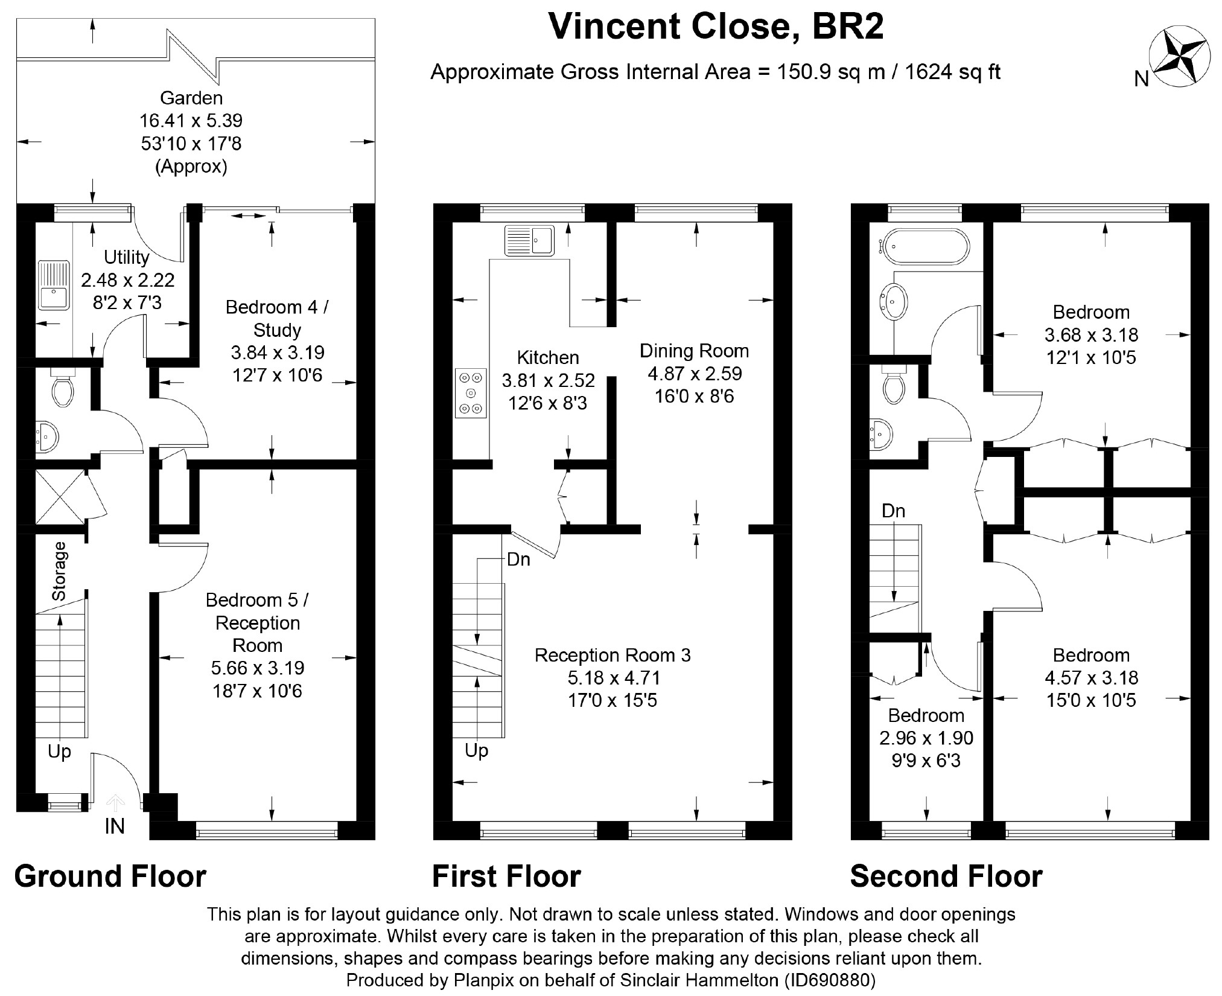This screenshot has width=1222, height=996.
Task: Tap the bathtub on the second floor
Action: coord(924,246)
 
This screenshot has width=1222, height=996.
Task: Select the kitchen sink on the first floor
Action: coord(529,240)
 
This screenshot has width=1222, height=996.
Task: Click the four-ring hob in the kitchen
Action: coord(471,393)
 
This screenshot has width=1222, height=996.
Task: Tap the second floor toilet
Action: coord(894,385)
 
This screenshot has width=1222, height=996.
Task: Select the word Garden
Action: coord(191,97)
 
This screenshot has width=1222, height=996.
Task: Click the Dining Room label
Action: coord(695,351)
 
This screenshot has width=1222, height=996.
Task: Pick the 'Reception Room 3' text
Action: coord(613,655)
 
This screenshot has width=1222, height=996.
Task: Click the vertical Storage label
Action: coord(59,571)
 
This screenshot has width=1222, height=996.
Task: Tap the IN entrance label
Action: coord(115,826)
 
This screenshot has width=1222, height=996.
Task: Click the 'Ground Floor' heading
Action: coord(110,876)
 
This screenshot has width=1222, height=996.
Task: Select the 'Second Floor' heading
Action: coord(946,876)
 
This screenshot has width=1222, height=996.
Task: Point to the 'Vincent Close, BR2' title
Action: coord(716,27)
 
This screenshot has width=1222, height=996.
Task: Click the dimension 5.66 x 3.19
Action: coord(258,668)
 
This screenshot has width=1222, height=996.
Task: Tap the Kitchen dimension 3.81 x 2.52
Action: coord(549,380)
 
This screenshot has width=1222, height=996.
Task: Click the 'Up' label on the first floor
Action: coord(476,751)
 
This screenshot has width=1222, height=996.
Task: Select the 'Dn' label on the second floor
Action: coord(893,511)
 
